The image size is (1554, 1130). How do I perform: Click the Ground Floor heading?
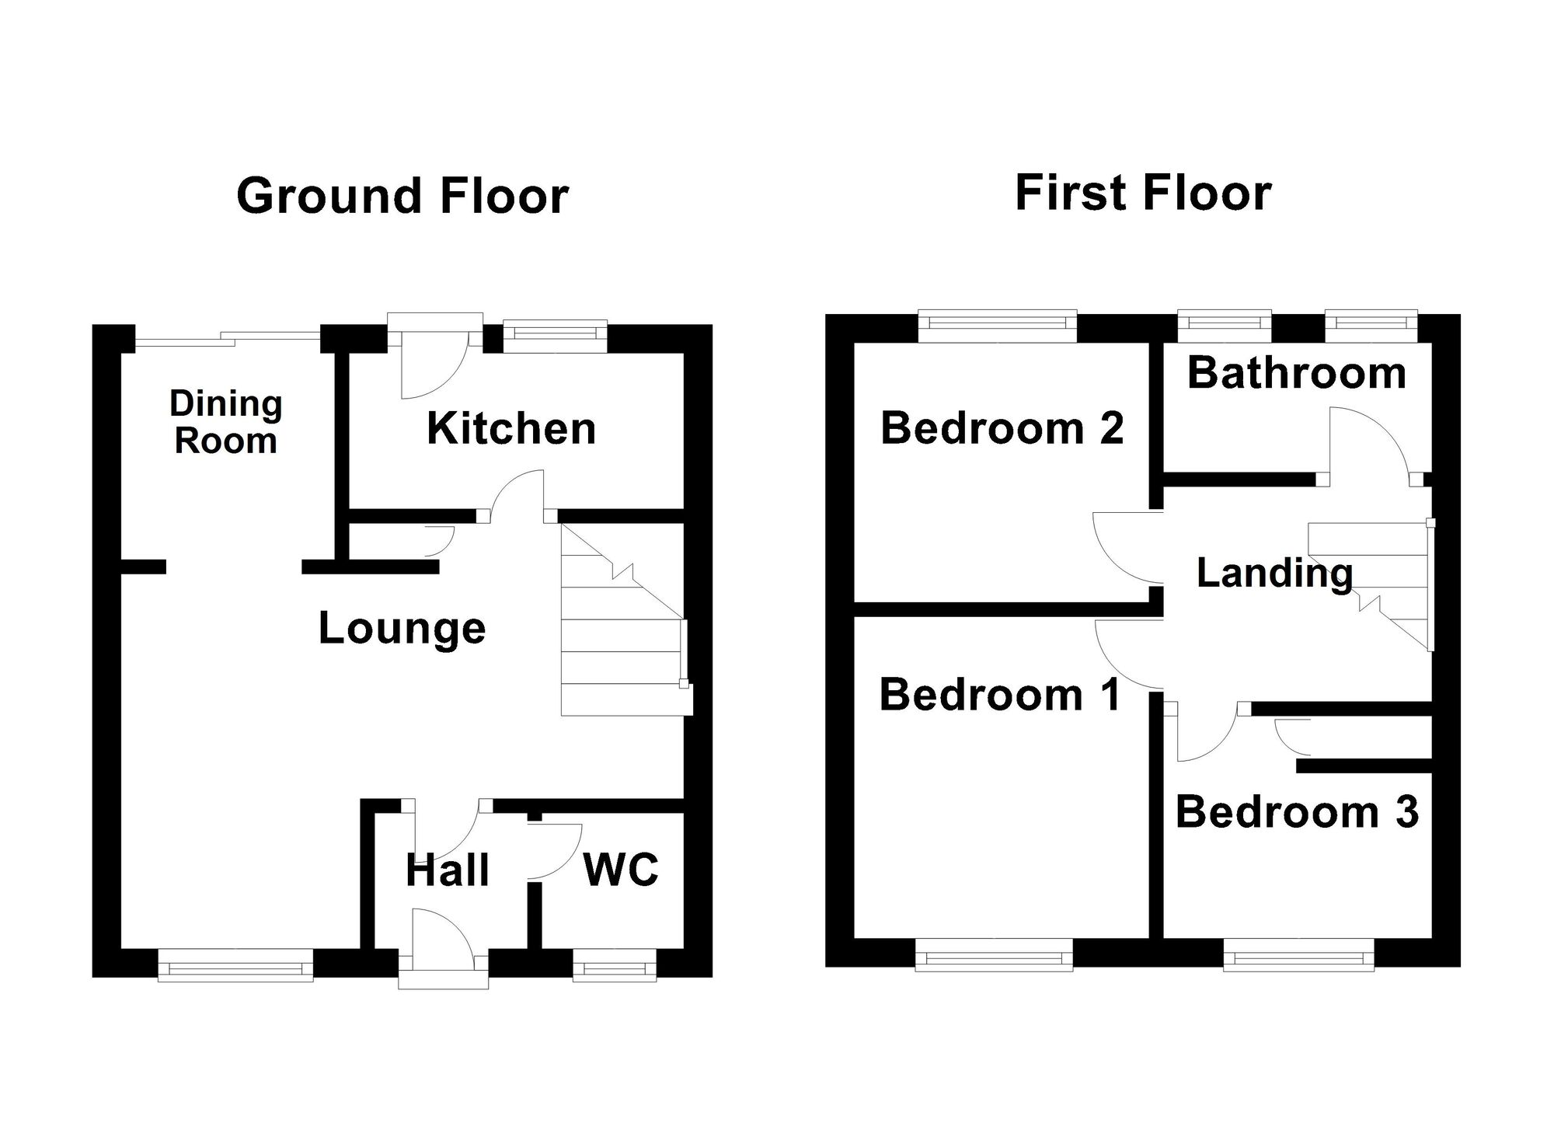pyautogui.click(x=402, y=196)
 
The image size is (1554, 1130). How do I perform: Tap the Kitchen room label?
pyautogui.click(x=511, y=428)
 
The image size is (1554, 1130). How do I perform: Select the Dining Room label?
pyautogui.click(x=225, y=422)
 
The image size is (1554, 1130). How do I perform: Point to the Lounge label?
pyautogui.click(x=402, y=628)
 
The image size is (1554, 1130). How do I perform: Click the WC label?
pyautogui.click(x=621, y=869)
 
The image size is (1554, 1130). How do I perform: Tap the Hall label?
pyautogui.click(x=448, y=870)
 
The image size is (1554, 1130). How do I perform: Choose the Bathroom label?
pyautogui.click(x=1296, y=373)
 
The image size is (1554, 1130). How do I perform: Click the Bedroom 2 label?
pyautogui.click(x=1002, y=428)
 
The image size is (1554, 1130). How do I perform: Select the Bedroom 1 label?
pyautogui.click(x=1000, y=694)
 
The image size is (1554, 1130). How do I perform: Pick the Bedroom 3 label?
pyautogui.click(x=1296, y=812)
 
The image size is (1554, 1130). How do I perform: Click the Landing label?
pyautogui.click(x=1274, y=573)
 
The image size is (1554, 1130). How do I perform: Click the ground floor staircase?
pyautogui.click(x=622, y=622)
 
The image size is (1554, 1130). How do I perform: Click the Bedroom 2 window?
pyautogui.click(x=997, y=326)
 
